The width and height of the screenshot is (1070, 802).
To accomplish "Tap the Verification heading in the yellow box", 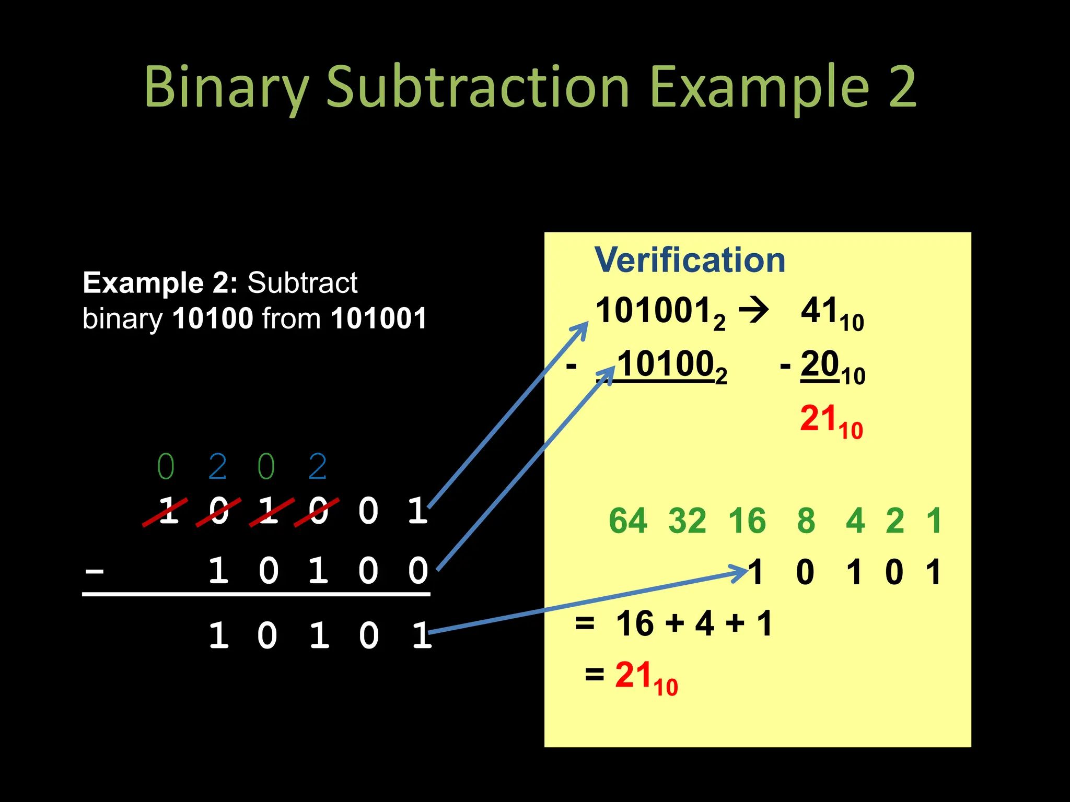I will point(690,260).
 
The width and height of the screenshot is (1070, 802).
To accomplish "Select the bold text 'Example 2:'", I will point(160,283).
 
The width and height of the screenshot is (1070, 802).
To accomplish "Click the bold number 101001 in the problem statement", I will point(379,319).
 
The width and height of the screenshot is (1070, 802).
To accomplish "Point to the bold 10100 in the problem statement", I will point(213,319).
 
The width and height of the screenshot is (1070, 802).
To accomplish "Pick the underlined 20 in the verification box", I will point(820,364).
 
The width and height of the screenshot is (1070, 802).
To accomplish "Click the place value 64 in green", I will point(627,521).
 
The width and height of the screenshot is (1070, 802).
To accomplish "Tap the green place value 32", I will point(687,521).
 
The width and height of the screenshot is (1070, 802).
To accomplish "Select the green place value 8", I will point(806,521).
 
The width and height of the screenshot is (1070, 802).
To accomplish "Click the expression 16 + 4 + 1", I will point(694,623).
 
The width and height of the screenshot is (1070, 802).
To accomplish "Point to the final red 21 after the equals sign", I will point(633,675).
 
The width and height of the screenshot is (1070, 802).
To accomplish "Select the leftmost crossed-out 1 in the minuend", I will point(167,511).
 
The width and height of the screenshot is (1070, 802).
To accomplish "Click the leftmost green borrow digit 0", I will point(166,467).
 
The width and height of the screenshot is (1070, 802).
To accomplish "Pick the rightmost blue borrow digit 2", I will point(318,467).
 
